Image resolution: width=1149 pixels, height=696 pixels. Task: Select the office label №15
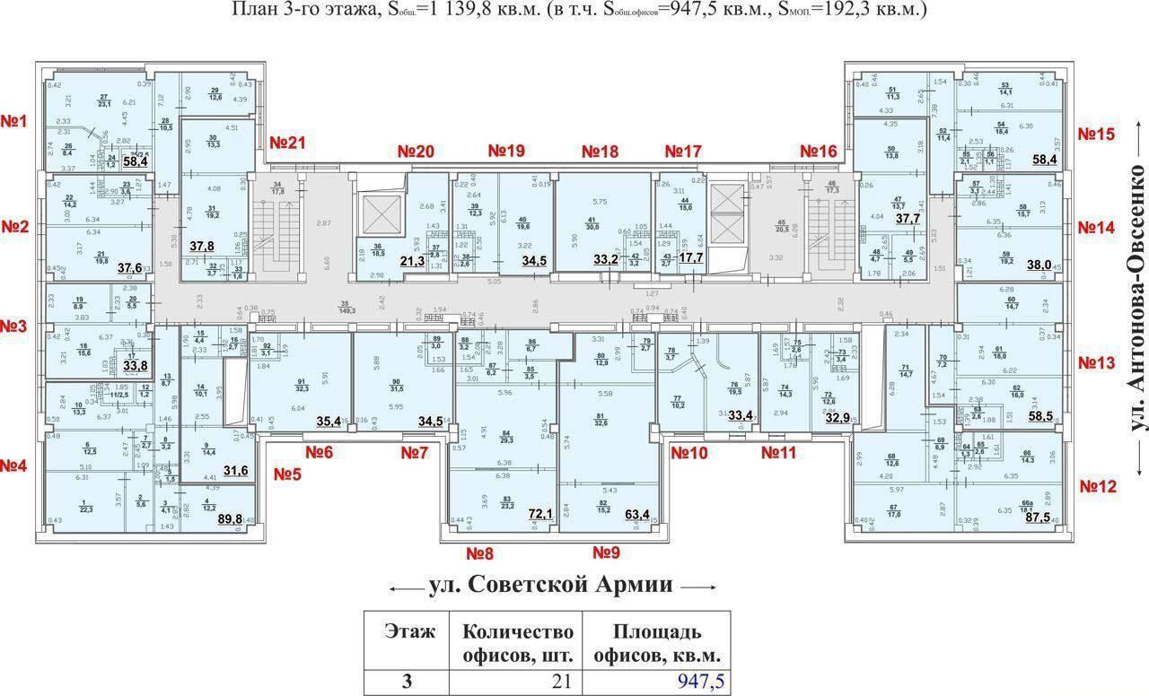(x=1096, y=135)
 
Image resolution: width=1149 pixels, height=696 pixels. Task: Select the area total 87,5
(x=1051, y=518)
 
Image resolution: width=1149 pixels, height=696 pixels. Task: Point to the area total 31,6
(x=235, y=470)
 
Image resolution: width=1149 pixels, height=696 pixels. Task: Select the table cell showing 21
(x=562, y=682)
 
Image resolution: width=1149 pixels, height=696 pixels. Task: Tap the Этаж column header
(x=409, y=631)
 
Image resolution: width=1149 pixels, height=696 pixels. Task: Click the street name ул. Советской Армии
(x=551, y=586)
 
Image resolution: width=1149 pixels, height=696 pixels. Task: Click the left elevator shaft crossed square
(x=374, y=215)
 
